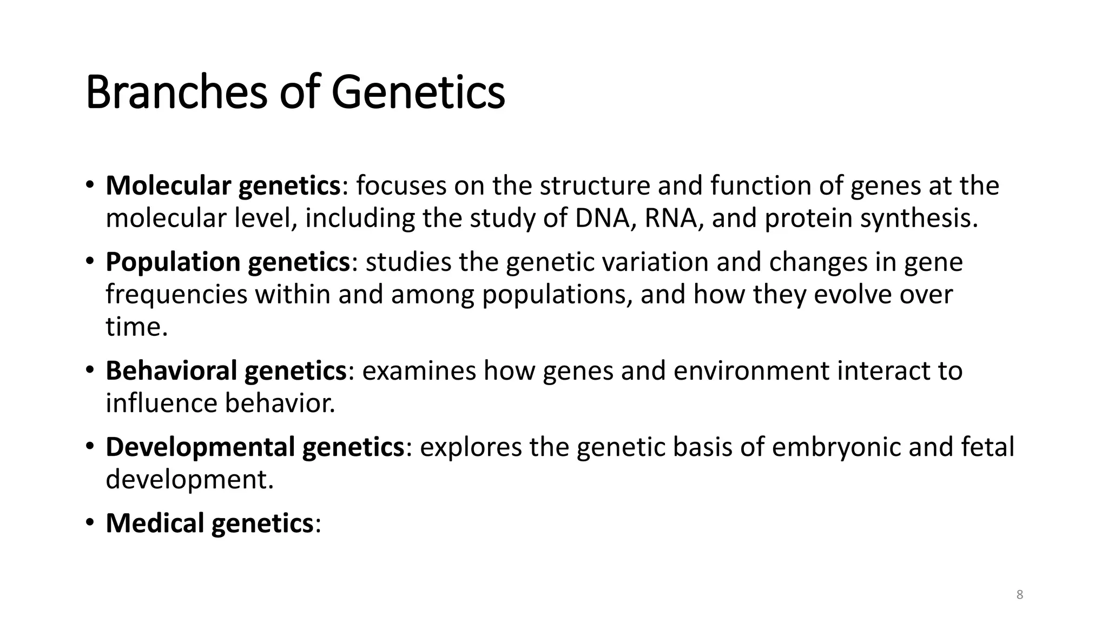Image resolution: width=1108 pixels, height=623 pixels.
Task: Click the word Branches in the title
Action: click(176, 92)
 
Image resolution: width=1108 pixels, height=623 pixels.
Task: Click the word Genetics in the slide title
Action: click(418, 92)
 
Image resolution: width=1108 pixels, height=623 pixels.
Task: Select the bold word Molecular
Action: click(168, 185)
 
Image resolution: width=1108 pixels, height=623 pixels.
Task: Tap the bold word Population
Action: click(173, 262)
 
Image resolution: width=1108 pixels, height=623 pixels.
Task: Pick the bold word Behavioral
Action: click(171, 370)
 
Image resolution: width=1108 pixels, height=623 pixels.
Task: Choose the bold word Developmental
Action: click(200, 447)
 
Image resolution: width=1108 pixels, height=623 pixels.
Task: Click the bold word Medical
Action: click(155, 523)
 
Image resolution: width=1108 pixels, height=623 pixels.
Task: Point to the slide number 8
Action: click(1020, 595)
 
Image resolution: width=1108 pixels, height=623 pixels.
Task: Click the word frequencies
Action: click(176, 295)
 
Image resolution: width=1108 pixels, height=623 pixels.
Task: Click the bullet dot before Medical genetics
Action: click(90, 523)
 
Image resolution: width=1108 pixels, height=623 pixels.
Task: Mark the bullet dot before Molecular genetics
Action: click(90, 185)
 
